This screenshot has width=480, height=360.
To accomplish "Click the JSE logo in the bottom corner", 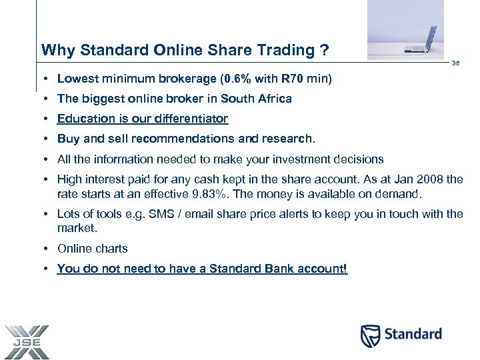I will [x=26, y=342].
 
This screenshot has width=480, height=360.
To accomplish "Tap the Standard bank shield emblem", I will [x=370, y=335].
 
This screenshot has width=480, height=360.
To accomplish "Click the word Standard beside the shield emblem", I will [x=412, y=334].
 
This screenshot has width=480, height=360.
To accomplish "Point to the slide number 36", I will [x=456, y=63].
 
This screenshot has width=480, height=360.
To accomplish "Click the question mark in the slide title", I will [x=324, y=51].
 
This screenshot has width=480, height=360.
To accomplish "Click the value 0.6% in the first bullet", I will [x=239, y=79].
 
